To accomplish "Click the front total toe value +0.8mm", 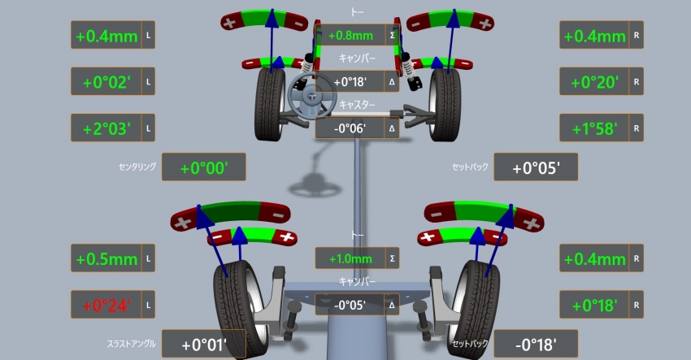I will click(x=350, y=35).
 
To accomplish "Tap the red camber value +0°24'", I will click(x=106, y=306).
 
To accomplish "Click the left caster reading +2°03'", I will click(x=106, y=128).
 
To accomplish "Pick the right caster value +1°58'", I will click(x=594, y=128).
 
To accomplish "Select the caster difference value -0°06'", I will click(x=350, y=128).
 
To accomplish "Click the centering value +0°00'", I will click(x=203, y=167).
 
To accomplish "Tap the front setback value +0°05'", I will click(x=536, y=167).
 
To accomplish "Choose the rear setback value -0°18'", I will click(x=536, y=344).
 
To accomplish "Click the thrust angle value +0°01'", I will click(x=203, y=344).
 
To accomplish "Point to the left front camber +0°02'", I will click(x=106, y=82).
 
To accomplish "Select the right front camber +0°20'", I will click(x=594, y=82).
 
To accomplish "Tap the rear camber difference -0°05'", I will click(x=350, y=305).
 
